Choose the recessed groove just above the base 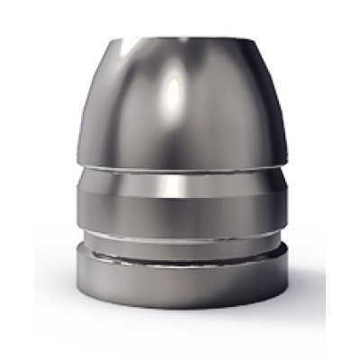[180, 241]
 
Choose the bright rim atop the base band [180, 256]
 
